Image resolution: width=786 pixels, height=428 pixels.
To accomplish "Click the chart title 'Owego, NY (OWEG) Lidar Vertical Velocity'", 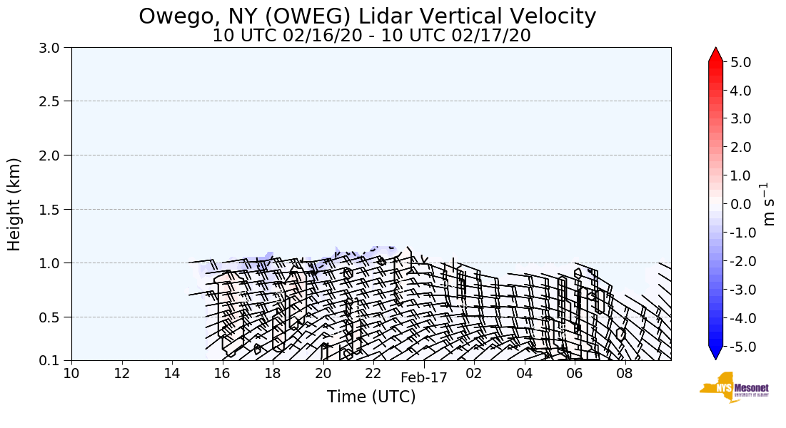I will click(x=367, y=16).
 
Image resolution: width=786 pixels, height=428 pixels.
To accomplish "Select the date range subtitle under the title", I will click(x=371, y=36).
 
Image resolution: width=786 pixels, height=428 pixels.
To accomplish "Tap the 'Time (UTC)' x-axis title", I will click(x=371, y=397).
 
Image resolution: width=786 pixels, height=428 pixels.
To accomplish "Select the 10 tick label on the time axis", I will click(x=71, y=373).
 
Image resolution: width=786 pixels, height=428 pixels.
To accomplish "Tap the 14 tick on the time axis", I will click(x=172, y=373).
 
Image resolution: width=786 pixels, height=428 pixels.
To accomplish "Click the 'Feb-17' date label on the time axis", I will click(x=423, y=378).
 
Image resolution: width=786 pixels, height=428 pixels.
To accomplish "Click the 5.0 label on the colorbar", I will click(x=741, y=62).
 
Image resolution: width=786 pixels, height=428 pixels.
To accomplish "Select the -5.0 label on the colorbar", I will click(x=739, y=347).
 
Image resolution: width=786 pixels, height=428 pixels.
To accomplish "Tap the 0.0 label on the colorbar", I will click(x=741, y=204).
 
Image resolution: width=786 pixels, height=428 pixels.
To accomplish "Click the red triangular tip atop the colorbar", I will click(x=715, y=55).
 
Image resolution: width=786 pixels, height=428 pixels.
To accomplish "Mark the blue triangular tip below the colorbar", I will click(x=715, y=353).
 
